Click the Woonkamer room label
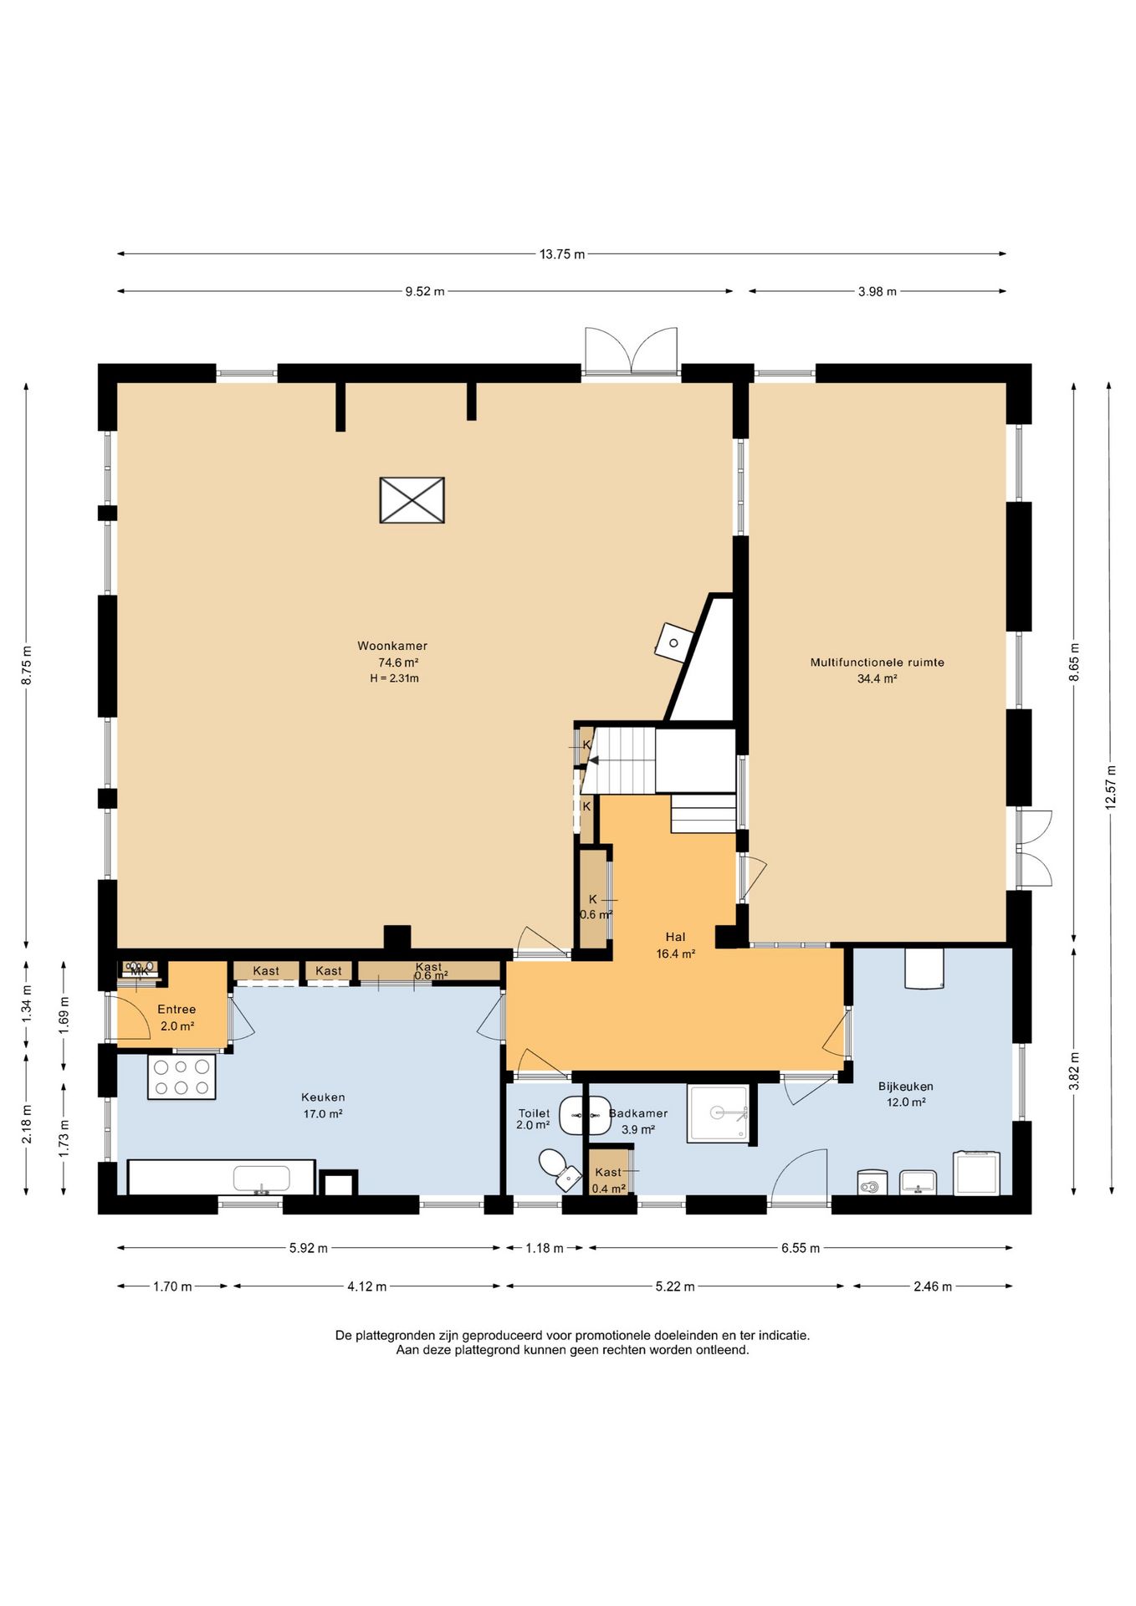(x=392, y=646)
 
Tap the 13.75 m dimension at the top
(x=562, y=254)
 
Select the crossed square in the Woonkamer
(x=412, y=500)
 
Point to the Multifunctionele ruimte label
(x=877, y=662)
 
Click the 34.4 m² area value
(x=877, y=679)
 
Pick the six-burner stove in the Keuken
(x=182, y=1077)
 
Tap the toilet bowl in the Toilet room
(x=558, y=1169)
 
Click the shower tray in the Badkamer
(x=718, y=1113)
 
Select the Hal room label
(x=675, y=937)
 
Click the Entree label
(x=177, y=1010)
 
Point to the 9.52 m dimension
(x=425, y=292)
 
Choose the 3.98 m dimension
(x=877, y=292)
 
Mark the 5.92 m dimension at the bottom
(x=309, y=1248)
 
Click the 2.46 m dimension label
(x=933, y=1286)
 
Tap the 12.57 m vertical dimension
(x=1111, y=787)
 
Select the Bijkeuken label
(x=906, y=1087)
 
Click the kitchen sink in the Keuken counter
(x=262, y=1179)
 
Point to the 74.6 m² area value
(x=398, y=662)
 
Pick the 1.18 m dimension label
(x=545, y=1248)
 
